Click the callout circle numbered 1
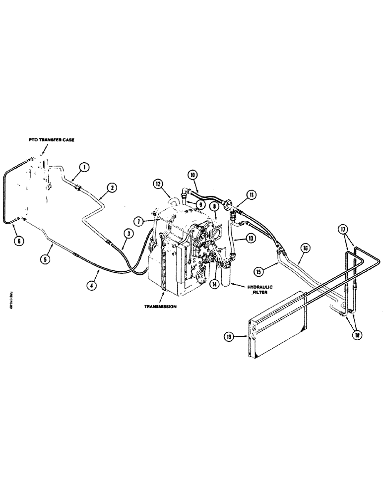click(85, 168)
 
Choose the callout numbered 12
click(158, 184)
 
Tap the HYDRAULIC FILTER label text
click(258, 289)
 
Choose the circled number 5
click(46, 258)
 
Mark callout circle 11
click(254, 195)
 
